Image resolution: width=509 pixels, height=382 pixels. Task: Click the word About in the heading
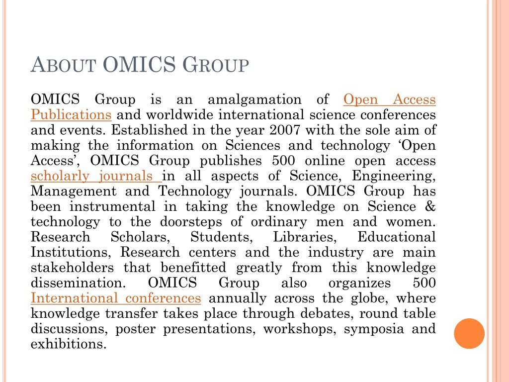point(62,66)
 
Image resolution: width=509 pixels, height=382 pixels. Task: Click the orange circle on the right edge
point(469,333)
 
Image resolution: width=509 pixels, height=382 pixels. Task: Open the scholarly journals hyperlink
point(96,176)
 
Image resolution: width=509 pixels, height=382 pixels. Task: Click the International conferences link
point(116,298)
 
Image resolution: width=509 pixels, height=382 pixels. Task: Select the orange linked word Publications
point(71,115)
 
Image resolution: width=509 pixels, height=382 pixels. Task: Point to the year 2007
point(285,130)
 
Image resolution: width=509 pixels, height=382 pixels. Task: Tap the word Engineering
point(394,176)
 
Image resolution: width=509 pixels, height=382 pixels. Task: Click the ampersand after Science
point(430,207)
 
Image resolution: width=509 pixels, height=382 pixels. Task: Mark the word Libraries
point(306,237)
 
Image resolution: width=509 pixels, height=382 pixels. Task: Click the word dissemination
point(79,284)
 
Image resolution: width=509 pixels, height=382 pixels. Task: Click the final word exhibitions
point(69,344)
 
